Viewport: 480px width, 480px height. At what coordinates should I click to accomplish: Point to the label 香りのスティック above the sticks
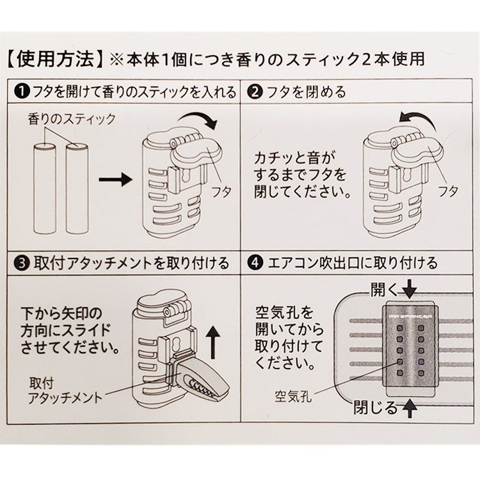pos(72,120)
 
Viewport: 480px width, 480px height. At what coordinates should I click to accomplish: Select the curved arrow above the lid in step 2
pos(417,118)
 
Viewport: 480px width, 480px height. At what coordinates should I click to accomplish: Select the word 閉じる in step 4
pos(372,406)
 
